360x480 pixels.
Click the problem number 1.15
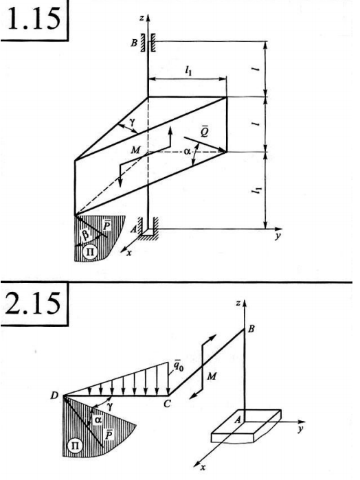[34, 19]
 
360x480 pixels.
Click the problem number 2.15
[33, 303]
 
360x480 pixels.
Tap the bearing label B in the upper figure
[134, 43]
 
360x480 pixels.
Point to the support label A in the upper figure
[133, 229]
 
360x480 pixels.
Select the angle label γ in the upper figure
[132, 122]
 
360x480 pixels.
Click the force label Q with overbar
[204, 132]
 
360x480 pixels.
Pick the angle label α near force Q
[187, 150]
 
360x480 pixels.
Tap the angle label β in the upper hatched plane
[86, 235]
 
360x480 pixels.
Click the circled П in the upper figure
[91, 252]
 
